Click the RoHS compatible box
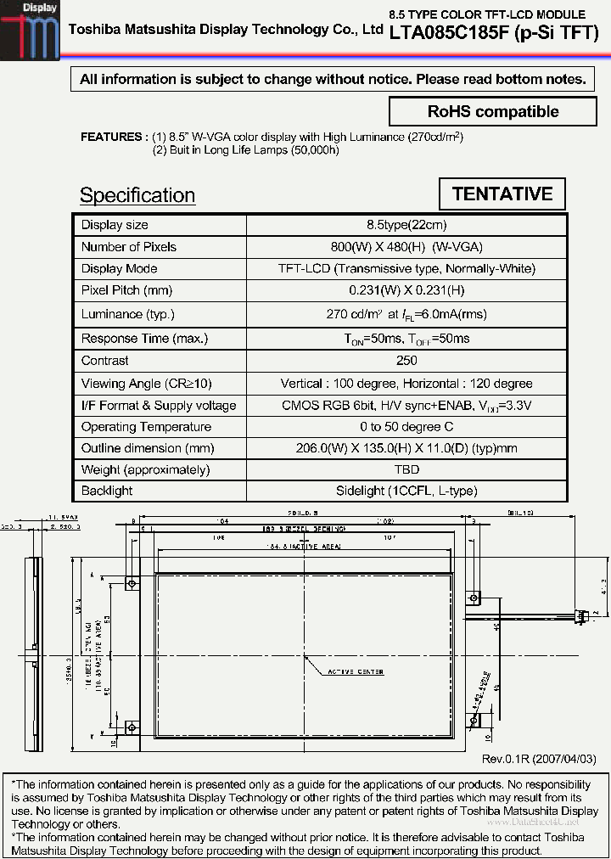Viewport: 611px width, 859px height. click(493, 112)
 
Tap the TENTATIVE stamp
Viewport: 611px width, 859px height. click(502, 194)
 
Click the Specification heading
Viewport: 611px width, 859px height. click(137, 195)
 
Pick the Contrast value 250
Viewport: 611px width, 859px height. click(406, 361)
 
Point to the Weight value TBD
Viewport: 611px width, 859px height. click(406, 469)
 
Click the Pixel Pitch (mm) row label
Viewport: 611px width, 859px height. click(126, 290)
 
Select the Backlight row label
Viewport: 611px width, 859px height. click(107, 491)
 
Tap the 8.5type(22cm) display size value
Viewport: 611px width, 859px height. click(406, 225)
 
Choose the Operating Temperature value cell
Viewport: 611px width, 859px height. click(406, 427)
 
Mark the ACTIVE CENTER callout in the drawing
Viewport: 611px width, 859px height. click(356, 671)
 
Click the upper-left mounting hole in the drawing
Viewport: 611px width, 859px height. click(132, 583)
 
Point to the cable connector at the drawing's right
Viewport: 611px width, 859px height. click(585, 613)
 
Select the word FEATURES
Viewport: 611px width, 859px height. click(110, 137)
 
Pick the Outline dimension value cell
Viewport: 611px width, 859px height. click(406, 448)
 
